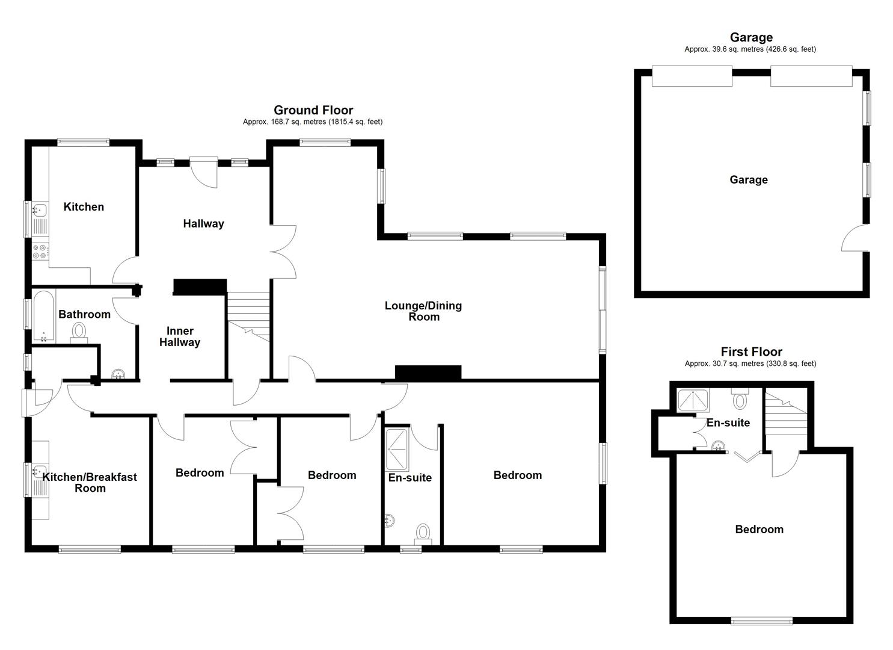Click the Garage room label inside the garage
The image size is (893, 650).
pos(748,179)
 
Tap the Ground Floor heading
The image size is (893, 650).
pos(313,110)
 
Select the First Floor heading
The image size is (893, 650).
pos(751,352)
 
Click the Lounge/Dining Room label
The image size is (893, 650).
pos(423,311)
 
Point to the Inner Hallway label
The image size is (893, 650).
pos(179,336)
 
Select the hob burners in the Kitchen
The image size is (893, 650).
pos(40,252)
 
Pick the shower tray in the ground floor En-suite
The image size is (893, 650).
pos(396,449)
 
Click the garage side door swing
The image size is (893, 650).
pos(854,238)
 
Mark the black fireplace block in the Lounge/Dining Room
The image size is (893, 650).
pos(428,373)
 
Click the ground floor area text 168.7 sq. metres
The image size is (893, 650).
pos(312,122)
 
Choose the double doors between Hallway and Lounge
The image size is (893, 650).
pos(283,252)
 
